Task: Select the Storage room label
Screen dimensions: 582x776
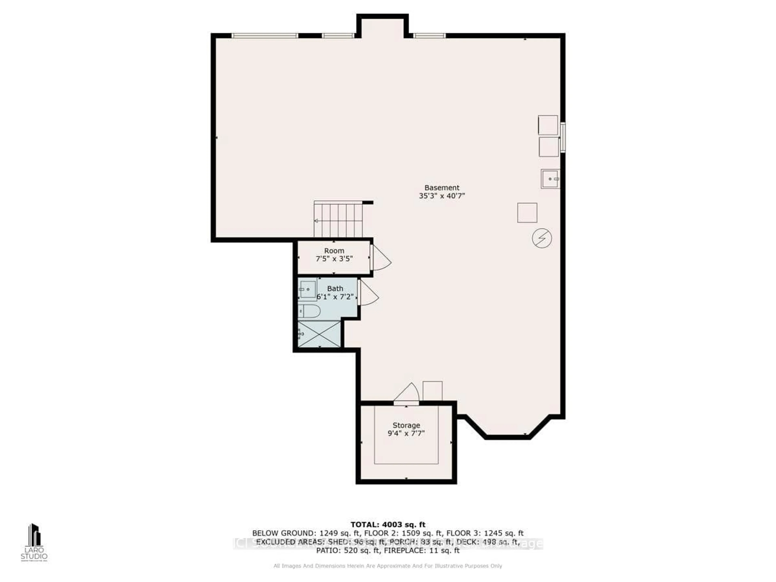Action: pyautogui.click(x=406, y=425)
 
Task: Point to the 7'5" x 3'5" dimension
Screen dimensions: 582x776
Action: pyautogui.click(x=334, y=259)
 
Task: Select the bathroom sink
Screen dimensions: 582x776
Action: pyautogui.click(x=307, y=289)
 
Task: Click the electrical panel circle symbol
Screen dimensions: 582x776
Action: pyautogui.click(x=542, y=238)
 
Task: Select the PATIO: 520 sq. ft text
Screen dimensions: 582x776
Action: pyautogui.click(x=348, y=550)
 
